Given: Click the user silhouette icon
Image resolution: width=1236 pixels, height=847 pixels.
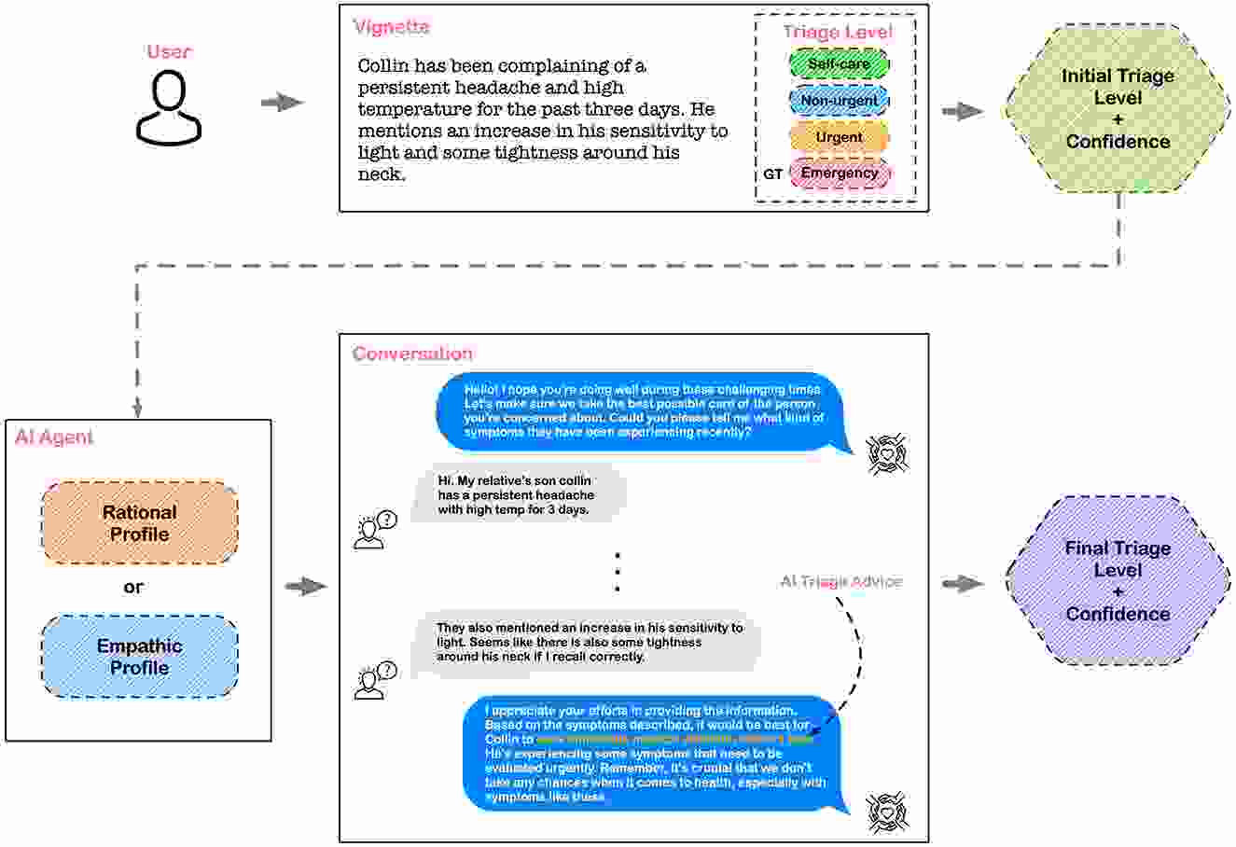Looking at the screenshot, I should coord(169,108).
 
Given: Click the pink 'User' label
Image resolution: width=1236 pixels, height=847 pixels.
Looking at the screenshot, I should coord(169,51).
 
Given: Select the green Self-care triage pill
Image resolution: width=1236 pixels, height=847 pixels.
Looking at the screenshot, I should coord(839,64).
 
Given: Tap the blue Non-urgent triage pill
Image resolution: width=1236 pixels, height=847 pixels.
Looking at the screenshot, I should coord(839,101).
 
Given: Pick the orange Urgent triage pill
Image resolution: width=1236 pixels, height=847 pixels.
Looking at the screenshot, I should coord(839,137).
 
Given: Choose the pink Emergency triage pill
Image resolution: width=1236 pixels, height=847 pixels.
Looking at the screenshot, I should coord(839,174).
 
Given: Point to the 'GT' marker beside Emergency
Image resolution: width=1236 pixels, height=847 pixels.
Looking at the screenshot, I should coord(773,174).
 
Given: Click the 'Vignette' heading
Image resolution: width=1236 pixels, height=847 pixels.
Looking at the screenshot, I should coord(392,27).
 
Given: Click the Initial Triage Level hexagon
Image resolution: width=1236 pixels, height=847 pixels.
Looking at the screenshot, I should coord(1118,109).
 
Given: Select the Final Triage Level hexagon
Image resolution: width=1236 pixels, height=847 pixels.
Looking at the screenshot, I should coord(1118,581).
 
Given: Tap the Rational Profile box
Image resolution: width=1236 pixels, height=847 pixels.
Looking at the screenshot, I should coord(140,523).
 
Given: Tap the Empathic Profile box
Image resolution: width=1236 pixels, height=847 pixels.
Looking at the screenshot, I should coord(140,657).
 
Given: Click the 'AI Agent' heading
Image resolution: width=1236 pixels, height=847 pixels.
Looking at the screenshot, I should coord(54,437).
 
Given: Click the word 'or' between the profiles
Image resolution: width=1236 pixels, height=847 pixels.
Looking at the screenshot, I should coord(133,588).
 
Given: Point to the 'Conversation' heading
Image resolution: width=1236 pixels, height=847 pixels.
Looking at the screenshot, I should coord(412,354).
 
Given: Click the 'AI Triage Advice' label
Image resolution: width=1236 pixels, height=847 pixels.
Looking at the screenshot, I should coord(840,582).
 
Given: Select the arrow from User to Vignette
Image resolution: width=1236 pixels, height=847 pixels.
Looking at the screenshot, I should coord(282,103).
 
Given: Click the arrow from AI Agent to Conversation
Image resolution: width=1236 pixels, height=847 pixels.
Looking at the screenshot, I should coord(305,587).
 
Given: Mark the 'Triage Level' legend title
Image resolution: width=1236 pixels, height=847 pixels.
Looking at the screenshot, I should coord(837,33).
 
